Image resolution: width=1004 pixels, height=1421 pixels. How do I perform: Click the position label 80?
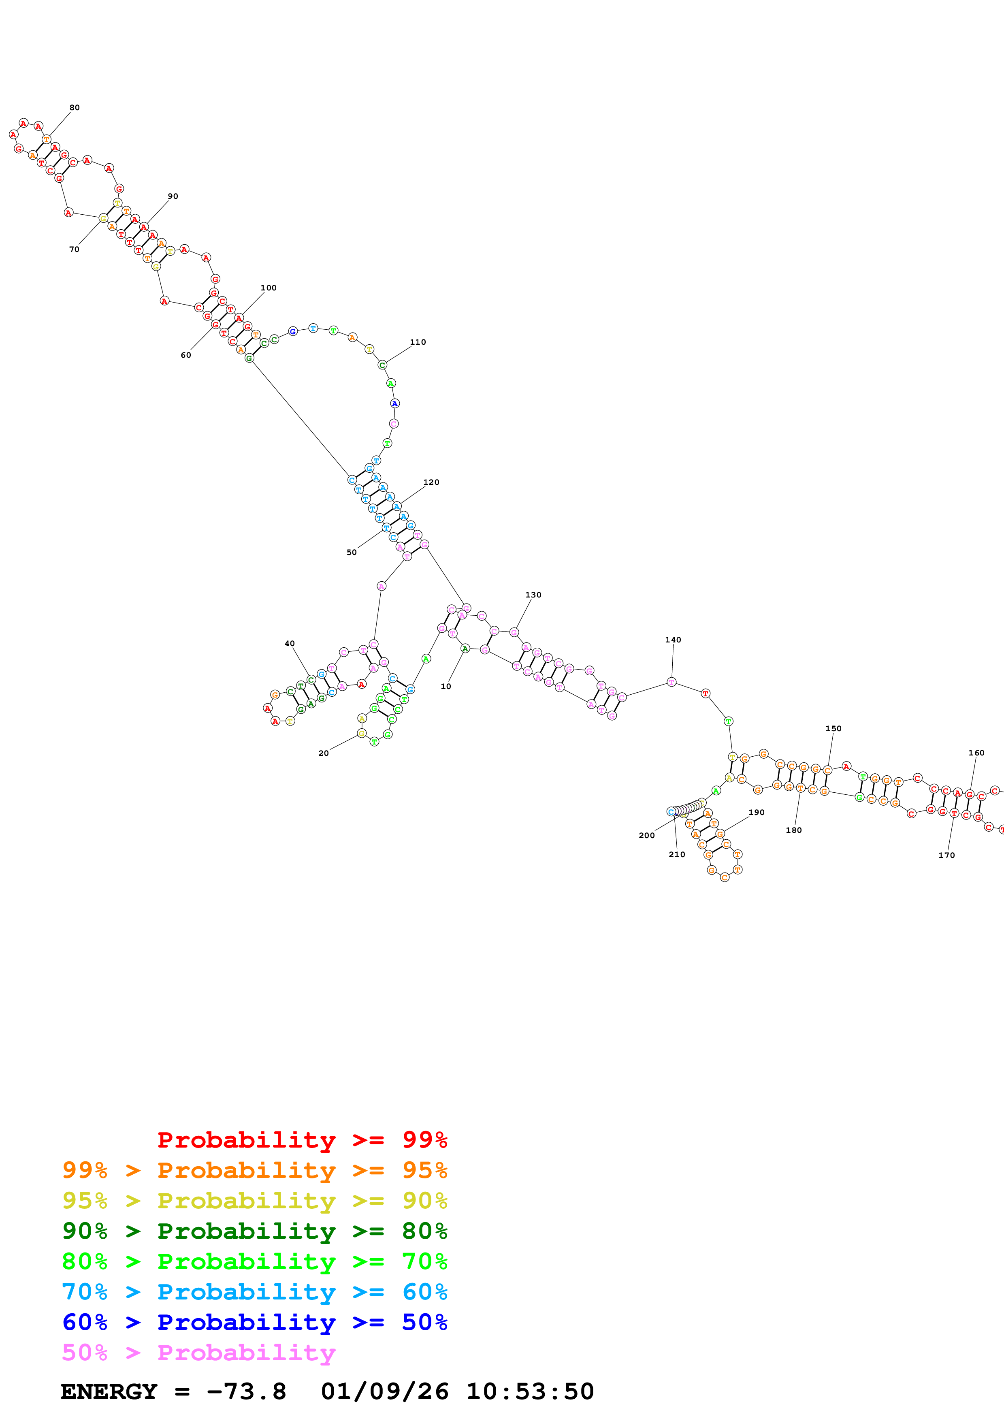pyautogui.click(x=74, y=108)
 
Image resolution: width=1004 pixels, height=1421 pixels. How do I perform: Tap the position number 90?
pyautogui.click(x=173, y=196)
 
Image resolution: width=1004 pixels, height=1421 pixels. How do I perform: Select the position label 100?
pyautogui.click(x=269, y=288)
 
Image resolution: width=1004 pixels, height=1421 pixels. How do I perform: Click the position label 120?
pyautogui.click(x=431, y=482)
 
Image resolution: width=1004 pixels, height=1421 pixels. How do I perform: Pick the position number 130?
pyautogui.click(x=533, y=595)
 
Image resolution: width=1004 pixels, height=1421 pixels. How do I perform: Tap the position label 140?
pyautogui.click(x=673, y=640)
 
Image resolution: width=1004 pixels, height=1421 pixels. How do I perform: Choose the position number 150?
pyautogui.click(x=833, y=728)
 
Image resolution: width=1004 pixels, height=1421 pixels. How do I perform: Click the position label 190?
pyautogui.click(x=757, y=812)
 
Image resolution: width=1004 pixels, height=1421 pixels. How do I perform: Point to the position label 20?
pyautogui.click(x=324, y=753)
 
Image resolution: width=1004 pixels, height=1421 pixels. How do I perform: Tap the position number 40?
pyautogui.click(x=290, y=644)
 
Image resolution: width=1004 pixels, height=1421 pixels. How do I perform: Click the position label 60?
pyautogui.click(x=185, y=355)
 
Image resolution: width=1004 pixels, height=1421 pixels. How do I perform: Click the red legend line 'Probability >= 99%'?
pyautogui.click(x=302, y=1139)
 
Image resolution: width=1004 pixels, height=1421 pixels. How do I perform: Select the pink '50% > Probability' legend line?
pyautogui.click(x=198, y=1352)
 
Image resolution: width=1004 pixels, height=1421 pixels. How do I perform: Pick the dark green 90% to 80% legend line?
pyautogui.click(x=254, y=1231)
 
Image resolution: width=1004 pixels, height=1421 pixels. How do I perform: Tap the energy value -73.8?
pyautogui.click(x=246, y=1391)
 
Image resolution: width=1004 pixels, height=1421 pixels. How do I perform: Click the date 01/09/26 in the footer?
pyautogui.click(x=384, y=1391)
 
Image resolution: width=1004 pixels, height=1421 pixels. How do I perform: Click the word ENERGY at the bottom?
pyautogui.click(x=109, y=1391)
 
